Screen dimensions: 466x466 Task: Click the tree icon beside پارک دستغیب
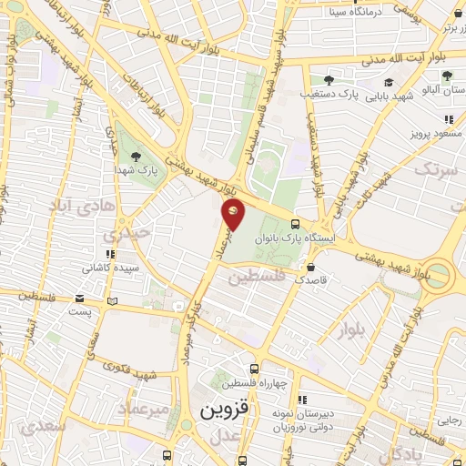point(329,80)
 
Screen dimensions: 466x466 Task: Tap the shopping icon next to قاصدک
point(312,268)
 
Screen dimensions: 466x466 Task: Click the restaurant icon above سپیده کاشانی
point(110,255)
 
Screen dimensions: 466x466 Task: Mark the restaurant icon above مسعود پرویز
point(449,119)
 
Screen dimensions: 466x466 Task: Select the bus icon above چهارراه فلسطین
point(254,370)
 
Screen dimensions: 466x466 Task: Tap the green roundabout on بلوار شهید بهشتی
point(438,274)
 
